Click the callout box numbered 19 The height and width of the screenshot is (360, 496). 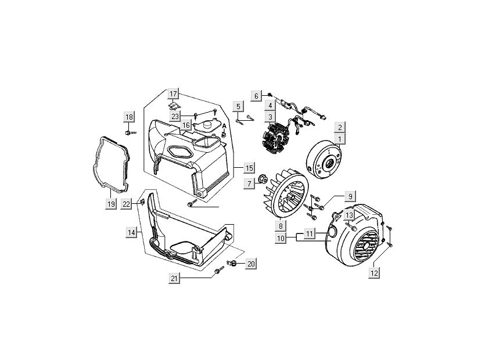tap(111, 203)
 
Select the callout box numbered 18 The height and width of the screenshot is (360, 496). tap(129, 117)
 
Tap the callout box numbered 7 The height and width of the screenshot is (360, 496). tap(250, 183)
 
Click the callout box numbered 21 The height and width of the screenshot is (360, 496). tap(174, 279)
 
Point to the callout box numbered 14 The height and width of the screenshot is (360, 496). tap(132, 232)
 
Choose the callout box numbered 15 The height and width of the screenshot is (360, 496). tap(249, 168)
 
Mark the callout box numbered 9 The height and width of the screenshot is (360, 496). tap(350, 196)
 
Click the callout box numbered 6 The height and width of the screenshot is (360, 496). tap(256, 95)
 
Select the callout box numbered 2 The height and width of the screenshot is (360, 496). tap(340, 127)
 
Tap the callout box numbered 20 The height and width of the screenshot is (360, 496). tap(251, 264)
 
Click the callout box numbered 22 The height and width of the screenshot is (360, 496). tap(127, 203)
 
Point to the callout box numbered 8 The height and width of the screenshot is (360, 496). tap(280, 226)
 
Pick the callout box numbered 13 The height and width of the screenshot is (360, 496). tap(349, 215)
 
